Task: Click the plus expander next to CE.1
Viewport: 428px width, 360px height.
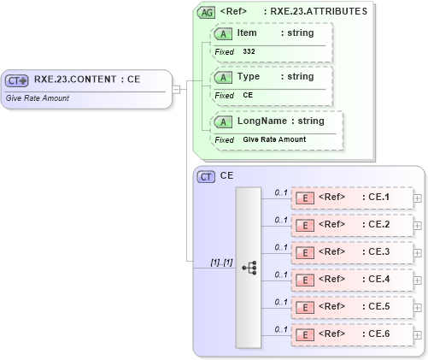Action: [x=418, y=198]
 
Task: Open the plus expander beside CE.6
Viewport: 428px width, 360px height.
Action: [x=418, y=334]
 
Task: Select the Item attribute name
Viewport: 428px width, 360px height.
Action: [x=247, y=32]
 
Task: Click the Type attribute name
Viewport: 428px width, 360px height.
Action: [x=249, y=76]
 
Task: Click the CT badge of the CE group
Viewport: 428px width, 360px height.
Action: [x=206, y=176]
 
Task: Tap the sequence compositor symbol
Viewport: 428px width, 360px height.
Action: [x=249, y=268]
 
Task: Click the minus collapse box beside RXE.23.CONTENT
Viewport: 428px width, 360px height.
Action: [x=176, y=88]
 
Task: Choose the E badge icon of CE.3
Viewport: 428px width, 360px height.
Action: [x=302, y=252]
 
